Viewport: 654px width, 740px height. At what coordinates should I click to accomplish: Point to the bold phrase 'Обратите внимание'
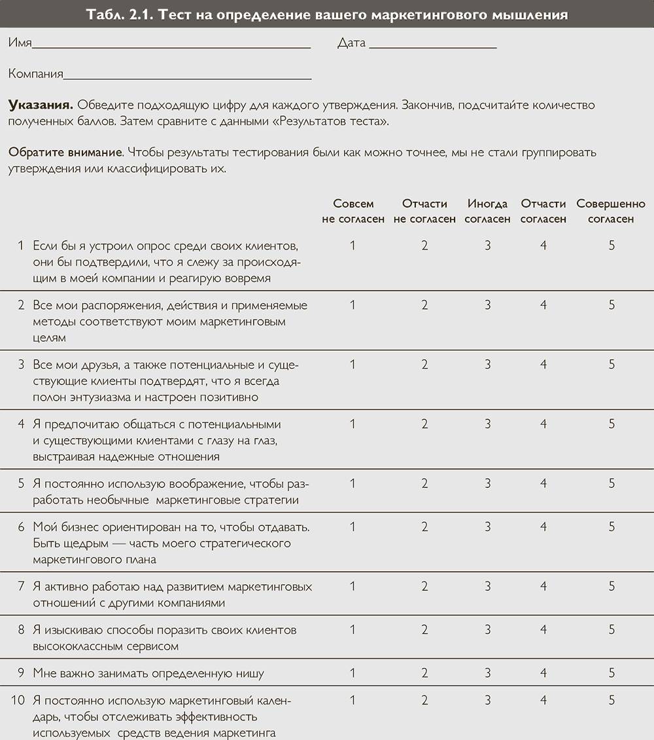65,153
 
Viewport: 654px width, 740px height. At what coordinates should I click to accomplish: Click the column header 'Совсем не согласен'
353,211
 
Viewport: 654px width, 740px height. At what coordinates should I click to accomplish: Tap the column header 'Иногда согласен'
487,211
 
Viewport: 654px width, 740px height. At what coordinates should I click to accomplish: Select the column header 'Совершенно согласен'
611,211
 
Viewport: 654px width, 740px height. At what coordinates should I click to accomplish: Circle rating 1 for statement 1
353,246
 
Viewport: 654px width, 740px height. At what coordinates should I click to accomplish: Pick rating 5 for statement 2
611,305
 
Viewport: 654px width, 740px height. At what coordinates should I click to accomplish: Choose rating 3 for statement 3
487,365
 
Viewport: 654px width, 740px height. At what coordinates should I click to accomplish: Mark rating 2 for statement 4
424,424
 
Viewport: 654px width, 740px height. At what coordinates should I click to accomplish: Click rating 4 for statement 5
543,484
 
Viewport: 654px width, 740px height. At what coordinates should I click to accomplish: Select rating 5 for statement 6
611,527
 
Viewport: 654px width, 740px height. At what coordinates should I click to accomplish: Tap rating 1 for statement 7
353,587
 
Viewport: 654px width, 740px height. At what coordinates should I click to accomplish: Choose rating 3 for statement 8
487,630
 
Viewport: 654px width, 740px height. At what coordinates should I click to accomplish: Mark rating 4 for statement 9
543,673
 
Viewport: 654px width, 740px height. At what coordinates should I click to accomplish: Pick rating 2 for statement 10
424,700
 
